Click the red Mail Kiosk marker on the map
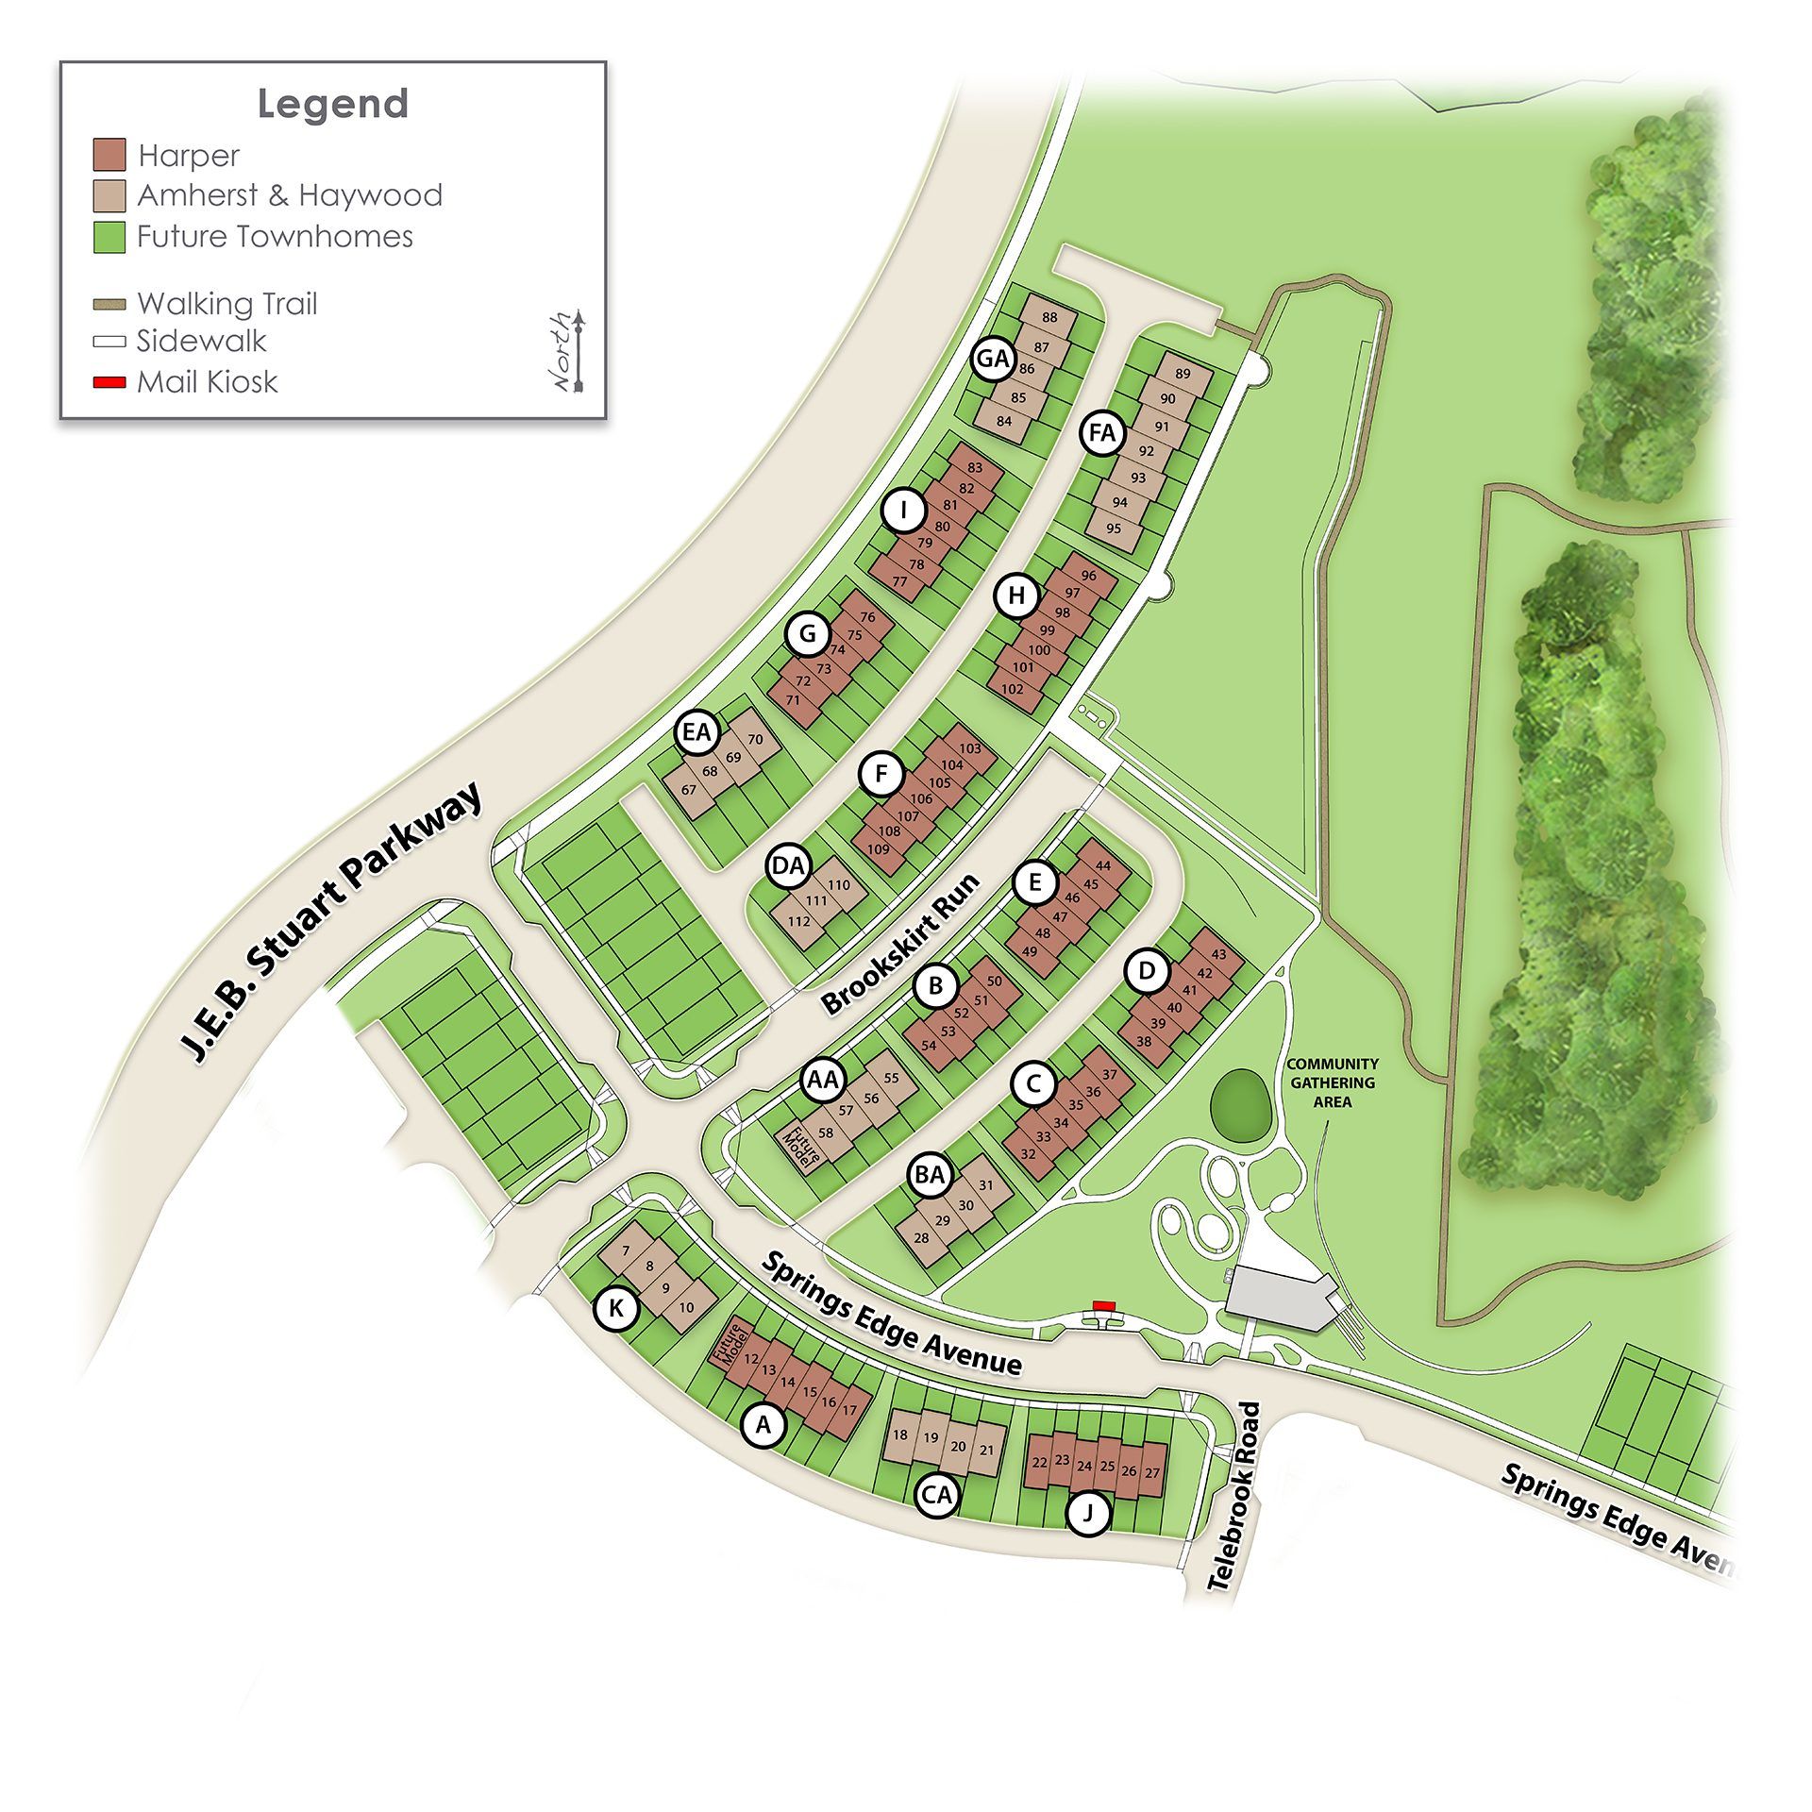1103,1305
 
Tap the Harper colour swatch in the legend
109,155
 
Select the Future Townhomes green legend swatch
109,236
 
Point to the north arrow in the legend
579,350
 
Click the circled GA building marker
993,359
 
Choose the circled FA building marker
1101,433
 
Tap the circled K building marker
616,1308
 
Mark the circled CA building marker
937,1495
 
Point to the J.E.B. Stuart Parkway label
332,924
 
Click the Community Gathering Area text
1333,1082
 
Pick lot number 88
1049,318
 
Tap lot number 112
798,921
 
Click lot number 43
1218,954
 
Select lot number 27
1151,1472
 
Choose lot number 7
627,1251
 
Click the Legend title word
332,104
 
